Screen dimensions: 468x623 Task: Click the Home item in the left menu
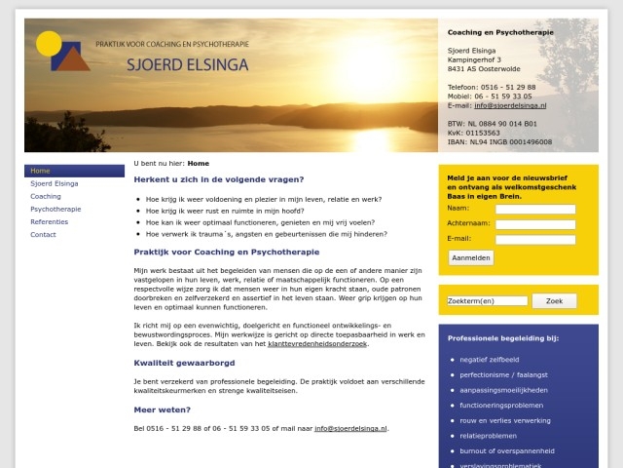click(x=41, y=171)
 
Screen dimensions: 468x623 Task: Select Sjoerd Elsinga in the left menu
click(x=55, y=183)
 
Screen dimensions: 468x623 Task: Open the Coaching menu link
click(x=46, y=196)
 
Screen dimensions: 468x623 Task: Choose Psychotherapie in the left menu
click(x=56, y=209)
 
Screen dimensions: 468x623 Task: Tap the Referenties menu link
click(x=50, y=221)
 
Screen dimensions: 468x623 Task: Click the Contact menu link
click(x=44, y=234)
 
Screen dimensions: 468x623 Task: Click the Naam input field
click(x=535, y=209)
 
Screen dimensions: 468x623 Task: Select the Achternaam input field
click(x=535, y=223)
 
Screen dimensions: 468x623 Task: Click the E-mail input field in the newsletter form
click(x=535, y=238)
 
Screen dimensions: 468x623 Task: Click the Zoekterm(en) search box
click(x=488, y=301)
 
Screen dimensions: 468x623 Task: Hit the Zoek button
click(x=554, y=301)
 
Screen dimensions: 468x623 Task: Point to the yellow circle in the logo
click(x=48, y=43)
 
